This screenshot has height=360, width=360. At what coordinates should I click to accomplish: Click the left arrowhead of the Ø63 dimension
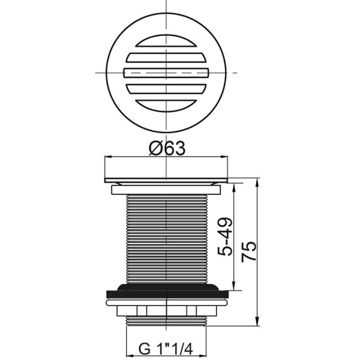tap(108, 158)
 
